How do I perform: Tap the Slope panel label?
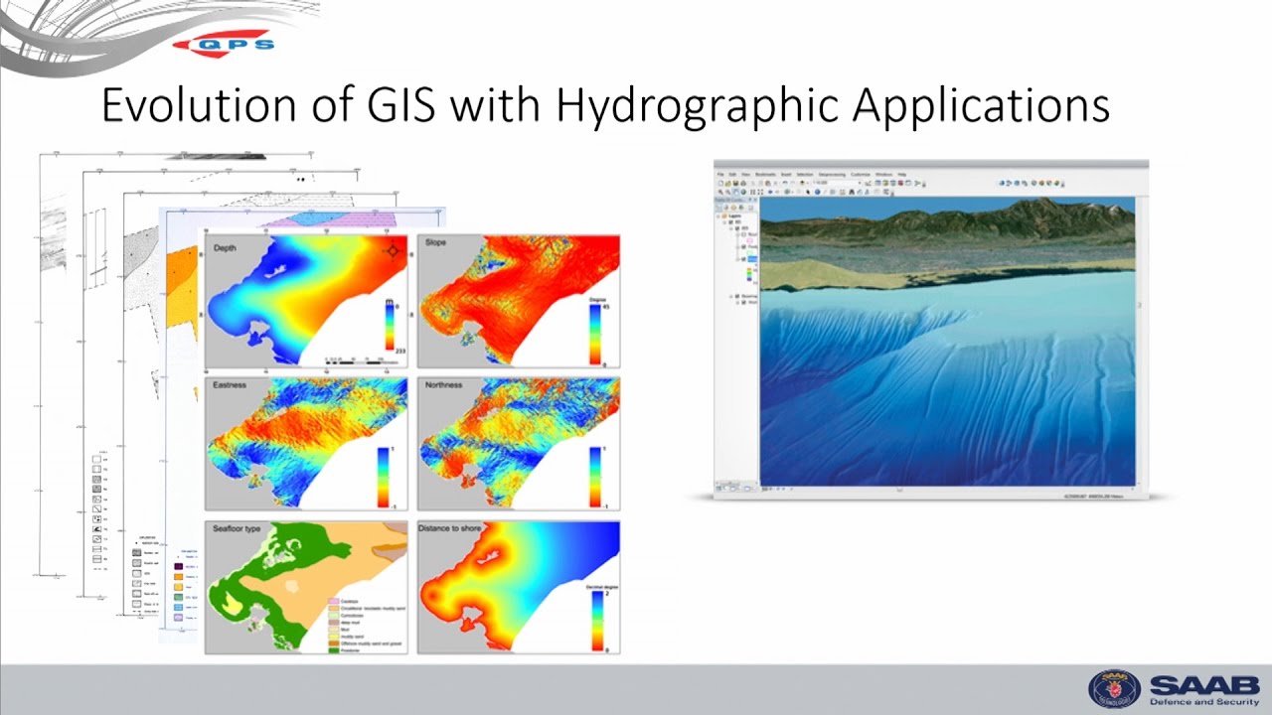[435, 243]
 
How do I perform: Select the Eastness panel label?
[230, 384]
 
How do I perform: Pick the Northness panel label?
[443, 384]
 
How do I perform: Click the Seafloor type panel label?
[237, 528]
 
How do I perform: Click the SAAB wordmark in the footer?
[1204, 684]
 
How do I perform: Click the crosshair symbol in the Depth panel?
[393, 250]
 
